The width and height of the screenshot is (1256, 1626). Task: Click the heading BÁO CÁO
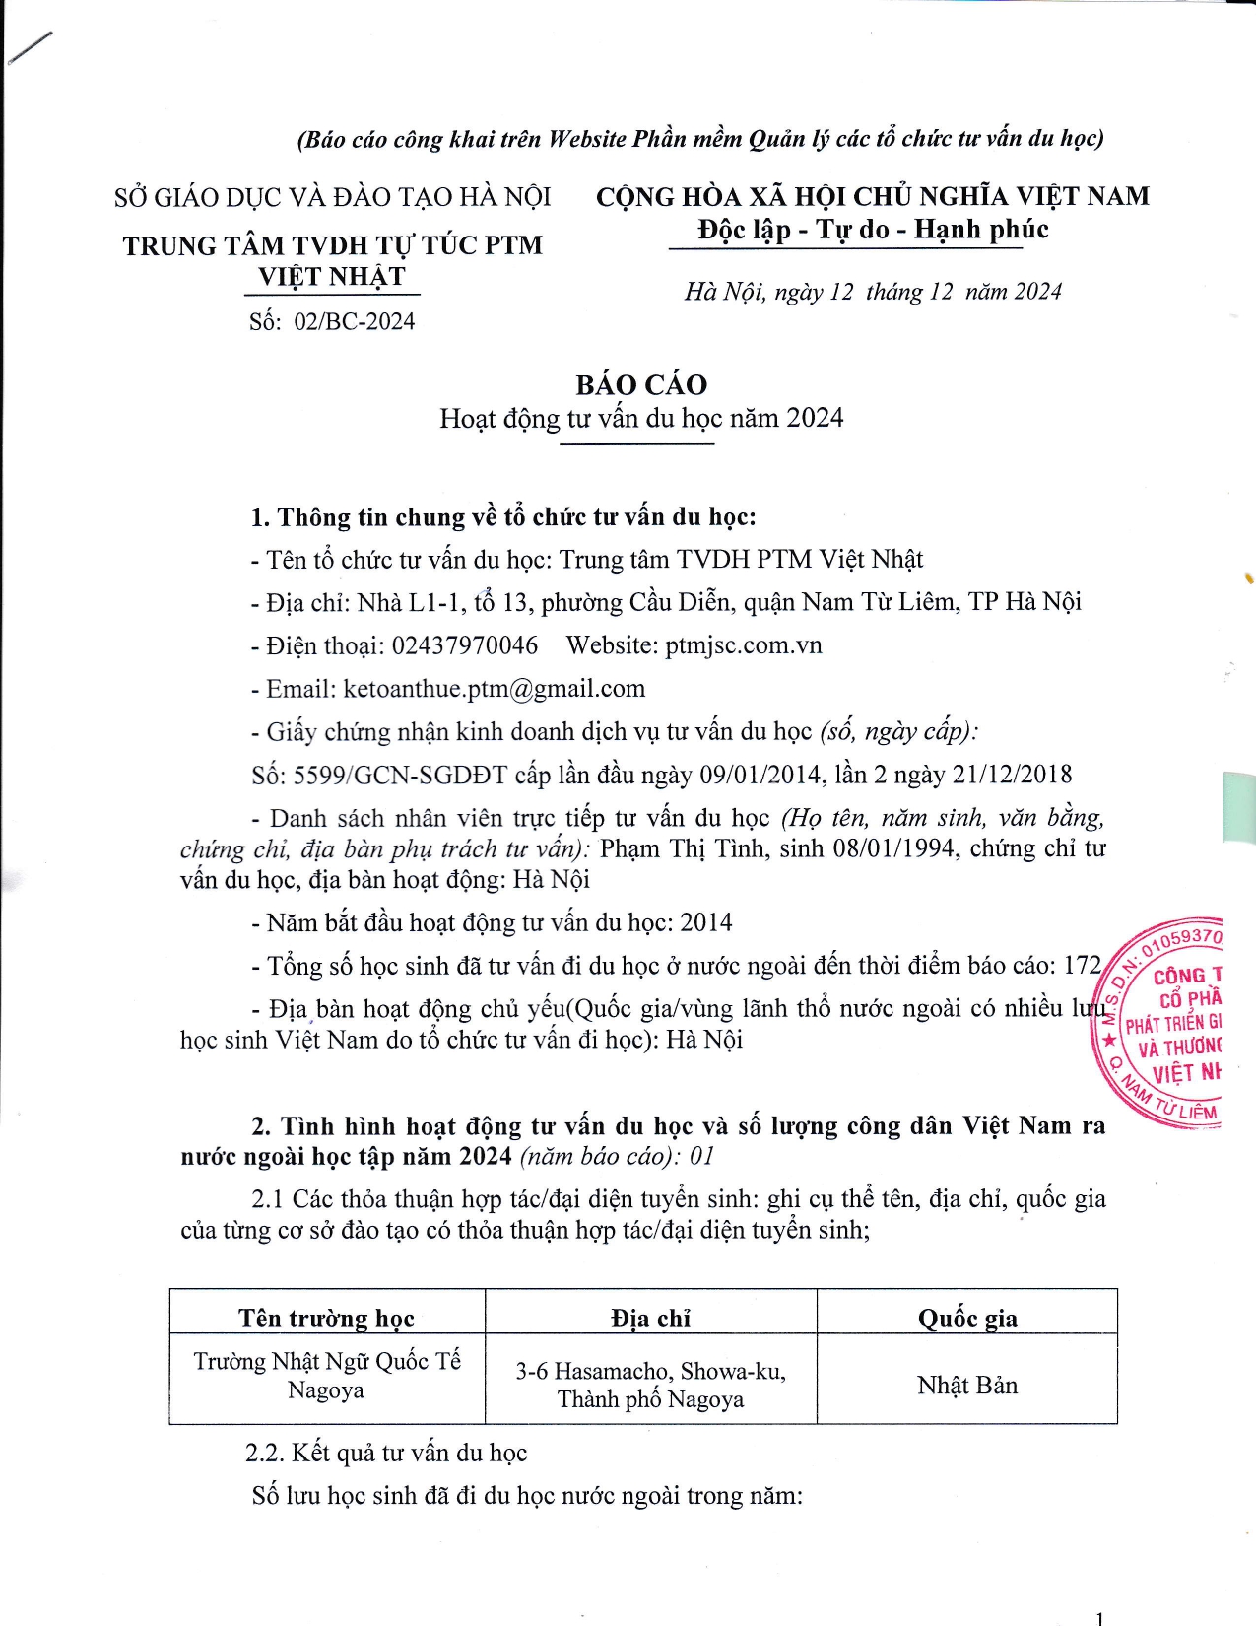click(641, 384)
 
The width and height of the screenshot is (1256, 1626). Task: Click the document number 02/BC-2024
click(355, 321)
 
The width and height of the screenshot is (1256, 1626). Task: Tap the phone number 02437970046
click(465, 645)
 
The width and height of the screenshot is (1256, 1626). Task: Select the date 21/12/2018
click(1012, 776)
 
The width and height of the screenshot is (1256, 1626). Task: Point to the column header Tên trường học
click(326, 1319)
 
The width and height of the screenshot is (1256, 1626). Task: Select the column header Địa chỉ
click(650, 1319)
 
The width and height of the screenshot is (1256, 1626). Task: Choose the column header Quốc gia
click(967, 1319)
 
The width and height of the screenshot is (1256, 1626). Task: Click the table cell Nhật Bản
click(967, 1386)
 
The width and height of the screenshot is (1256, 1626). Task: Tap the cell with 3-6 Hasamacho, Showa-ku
click(650, 1385)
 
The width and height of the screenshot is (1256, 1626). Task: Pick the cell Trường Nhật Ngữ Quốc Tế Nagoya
click(326, 1376)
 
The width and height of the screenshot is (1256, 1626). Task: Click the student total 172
click(1083, 966)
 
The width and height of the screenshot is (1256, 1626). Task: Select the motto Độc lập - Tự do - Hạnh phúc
click(873, 230)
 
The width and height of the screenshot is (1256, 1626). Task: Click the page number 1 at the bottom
click(1099, 1617)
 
